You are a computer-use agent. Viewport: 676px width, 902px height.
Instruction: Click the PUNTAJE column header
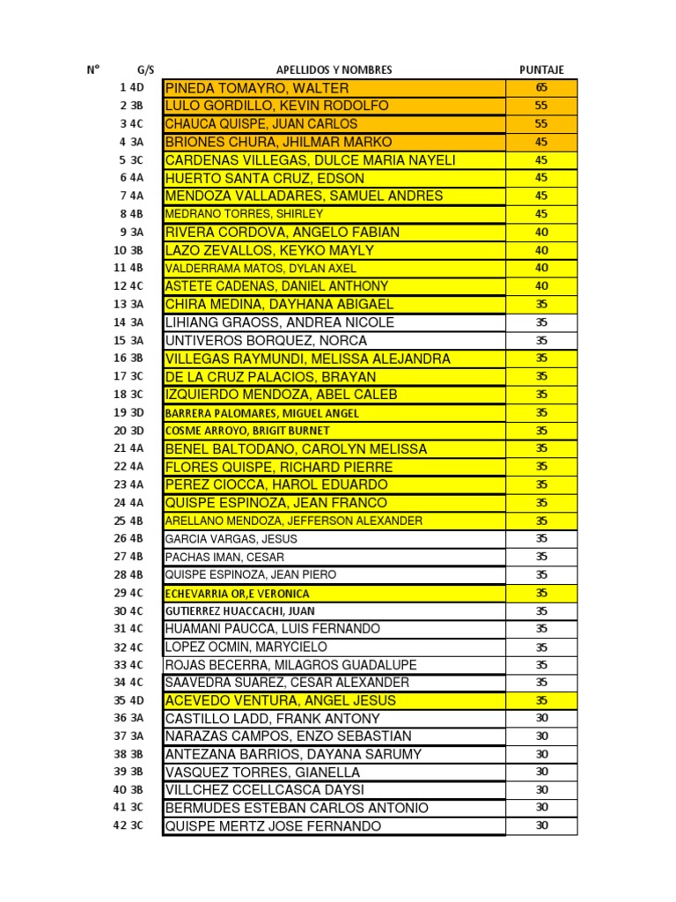541,70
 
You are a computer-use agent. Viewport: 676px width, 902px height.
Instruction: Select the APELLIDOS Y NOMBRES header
334,70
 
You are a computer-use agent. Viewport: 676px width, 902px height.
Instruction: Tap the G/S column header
145,70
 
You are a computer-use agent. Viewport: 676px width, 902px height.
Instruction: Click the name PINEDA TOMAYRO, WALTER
257,88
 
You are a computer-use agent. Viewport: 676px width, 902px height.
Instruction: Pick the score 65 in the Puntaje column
541,88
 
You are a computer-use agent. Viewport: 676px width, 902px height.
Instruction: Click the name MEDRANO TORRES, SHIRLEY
245,214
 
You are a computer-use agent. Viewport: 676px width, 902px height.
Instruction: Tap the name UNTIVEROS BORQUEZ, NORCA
267,341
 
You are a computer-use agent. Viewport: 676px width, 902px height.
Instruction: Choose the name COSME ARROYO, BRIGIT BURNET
247,431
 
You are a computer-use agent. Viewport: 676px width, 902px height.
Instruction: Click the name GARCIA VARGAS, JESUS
231,539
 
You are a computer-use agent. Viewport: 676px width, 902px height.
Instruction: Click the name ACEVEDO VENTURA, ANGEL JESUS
281,701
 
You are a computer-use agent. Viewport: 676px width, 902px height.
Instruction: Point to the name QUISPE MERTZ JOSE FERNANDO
274,826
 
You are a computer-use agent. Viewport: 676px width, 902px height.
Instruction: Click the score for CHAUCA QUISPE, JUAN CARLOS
541,124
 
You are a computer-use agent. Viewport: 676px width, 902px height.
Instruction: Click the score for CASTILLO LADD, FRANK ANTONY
541,719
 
